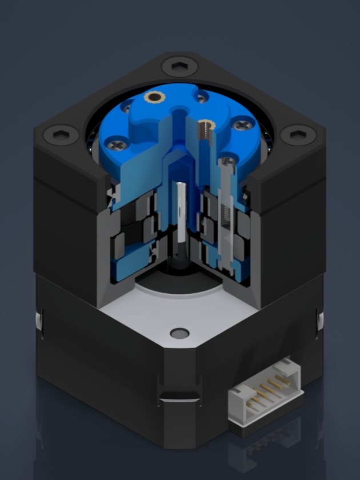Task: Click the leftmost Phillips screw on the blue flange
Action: point(118,145)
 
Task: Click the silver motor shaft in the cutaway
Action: point(180,211)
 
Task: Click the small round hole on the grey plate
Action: point(179,332)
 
